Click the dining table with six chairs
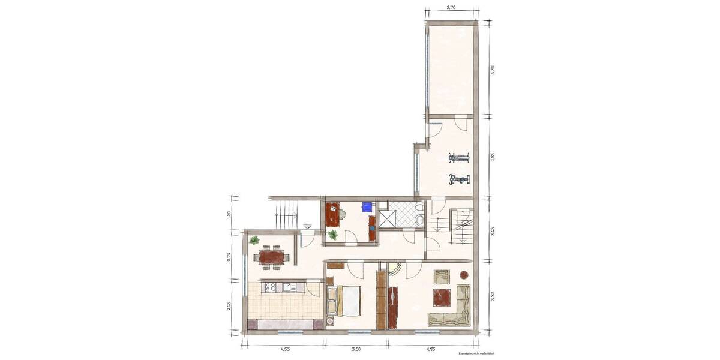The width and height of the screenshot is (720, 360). (271, 257)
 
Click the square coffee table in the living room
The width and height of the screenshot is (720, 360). (442, 297)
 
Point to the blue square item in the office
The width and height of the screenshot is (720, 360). (366, 207)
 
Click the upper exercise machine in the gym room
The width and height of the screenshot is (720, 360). (459, 158)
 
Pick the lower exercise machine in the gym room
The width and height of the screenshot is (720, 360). (459, 179)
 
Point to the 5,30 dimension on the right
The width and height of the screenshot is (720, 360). (493, 69)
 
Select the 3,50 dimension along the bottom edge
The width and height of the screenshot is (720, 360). (356, 349)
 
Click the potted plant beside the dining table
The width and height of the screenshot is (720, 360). (254, 241)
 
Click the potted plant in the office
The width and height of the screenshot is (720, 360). (333, 235)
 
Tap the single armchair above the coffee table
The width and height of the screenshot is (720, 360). (442, 277)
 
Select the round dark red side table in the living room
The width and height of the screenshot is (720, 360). (464, 275)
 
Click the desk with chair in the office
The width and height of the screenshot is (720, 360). (333, 214)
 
